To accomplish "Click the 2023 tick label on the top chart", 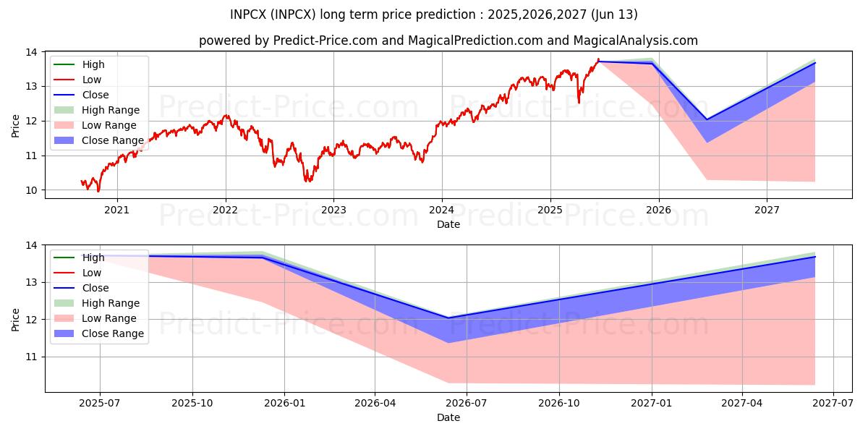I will coord(333,210).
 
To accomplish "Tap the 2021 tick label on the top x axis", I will coord(116,210).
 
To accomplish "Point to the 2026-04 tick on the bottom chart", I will coord(375,404).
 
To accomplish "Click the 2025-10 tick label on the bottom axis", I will coord(192,404).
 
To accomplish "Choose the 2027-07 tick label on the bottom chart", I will coord(833,404).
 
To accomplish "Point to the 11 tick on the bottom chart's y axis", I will coord(33,357).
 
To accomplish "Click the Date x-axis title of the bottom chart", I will coord(448,417).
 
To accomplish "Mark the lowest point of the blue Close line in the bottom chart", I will coord(448,318).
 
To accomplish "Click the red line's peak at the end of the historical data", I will coord(598,59).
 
